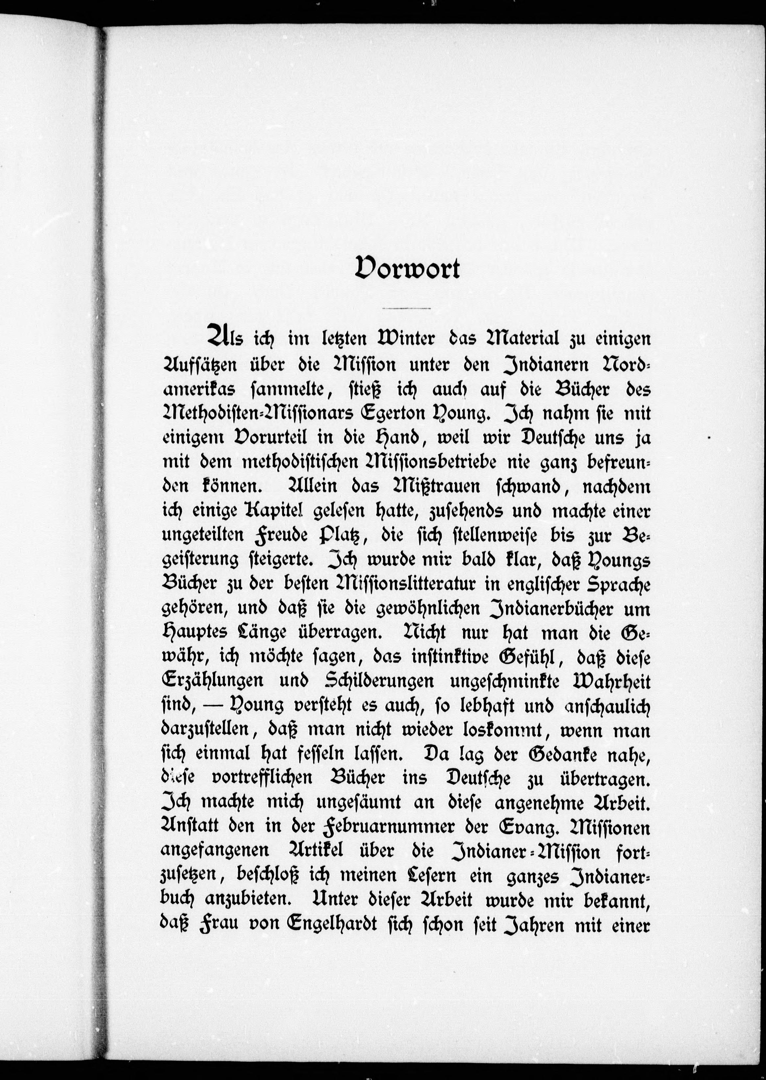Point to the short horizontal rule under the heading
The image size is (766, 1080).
pos(407,308)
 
